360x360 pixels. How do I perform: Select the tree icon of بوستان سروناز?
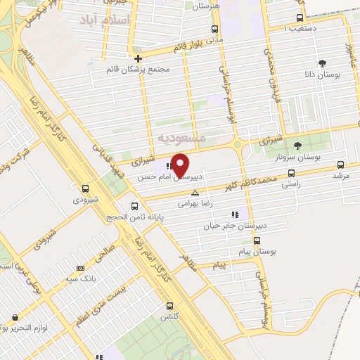[x=297, y=146]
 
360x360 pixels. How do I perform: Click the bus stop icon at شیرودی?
[x=86, y=188]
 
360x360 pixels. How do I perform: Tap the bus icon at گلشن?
[x=169, y=306]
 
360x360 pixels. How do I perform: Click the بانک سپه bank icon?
[x=80, y=268]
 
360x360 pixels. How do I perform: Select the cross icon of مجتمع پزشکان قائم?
[x=139, y=58]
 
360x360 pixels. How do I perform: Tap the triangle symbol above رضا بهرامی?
[x=195, y=192]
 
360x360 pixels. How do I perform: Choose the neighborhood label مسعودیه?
[x=182, y=138]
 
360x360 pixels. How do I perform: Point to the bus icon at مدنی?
[x=214, y=29]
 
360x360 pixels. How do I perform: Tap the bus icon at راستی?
[x=291, y=172]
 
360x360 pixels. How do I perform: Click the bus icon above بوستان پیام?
[x=257, y=239]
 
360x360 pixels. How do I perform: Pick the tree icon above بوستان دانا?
[x=323, y=63]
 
